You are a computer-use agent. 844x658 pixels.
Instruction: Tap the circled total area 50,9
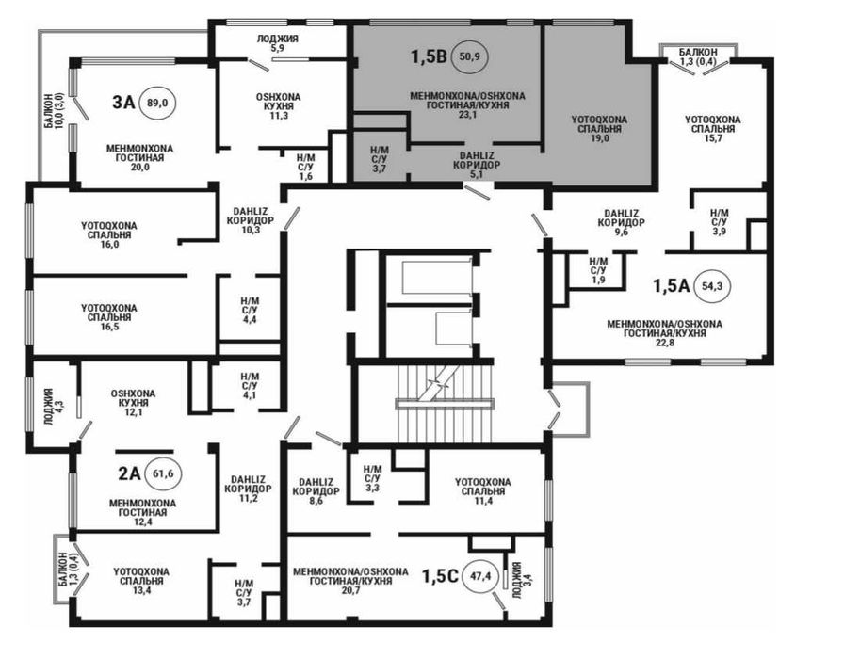coord(470,56)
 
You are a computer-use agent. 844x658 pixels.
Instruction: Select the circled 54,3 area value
coord(712,286)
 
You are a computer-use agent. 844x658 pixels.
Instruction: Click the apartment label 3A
coord(123,103)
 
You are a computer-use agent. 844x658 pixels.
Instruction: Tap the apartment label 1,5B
coord(429,56)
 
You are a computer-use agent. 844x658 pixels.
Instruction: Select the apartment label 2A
coord(129,473)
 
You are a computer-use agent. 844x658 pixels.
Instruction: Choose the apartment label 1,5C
coord(440,576)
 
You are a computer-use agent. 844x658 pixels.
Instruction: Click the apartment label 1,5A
coord(672,285)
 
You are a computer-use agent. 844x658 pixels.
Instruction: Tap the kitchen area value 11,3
coord(278,116)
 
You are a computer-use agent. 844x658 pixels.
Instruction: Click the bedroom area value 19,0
coord(599,138)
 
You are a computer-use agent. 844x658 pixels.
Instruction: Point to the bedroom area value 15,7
coord(713,138)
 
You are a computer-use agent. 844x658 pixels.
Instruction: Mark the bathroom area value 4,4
coord(250,319)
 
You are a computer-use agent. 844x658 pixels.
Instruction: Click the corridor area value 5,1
coord(476,174)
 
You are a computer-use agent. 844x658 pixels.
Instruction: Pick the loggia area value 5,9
coord(277,48)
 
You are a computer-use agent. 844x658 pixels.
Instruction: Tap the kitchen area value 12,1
coord(133,412)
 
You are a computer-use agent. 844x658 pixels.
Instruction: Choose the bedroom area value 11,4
coord(483,501)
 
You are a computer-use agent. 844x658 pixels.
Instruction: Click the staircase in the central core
coord(445,403)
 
